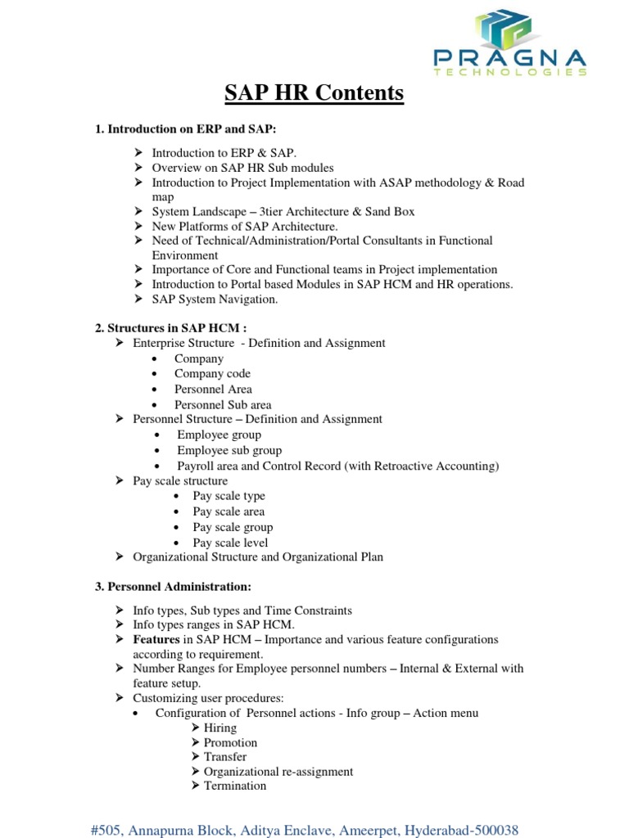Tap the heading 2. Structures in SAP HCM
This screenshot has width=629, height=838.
coord(172,328)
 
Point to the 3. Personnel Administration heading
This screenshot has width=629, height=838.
coord(174,587)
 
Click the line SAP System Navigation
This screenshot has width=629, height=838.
coord(215,300)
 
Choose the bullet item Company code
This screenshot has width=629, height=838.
coord(212,374)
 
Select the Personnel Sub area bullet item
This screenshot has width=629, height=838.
coord(223,405)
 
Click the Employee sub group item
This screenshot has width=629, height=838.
coord(229,450)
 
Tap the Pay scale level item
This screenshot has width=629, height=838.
coord(230,543)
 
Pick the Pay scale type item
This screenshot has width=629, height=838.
coord(229,496)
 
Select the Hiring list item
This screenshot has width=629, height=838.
coord(220,728)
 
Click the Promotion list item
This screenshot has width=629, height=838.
coord(230,742)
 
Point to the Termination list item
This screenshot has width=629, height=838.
coord(235,786)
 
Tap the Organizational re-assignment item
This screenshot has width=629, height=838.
coord(278,772)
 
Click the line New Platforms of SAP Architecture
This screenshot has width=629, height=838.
coord(245,226)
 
